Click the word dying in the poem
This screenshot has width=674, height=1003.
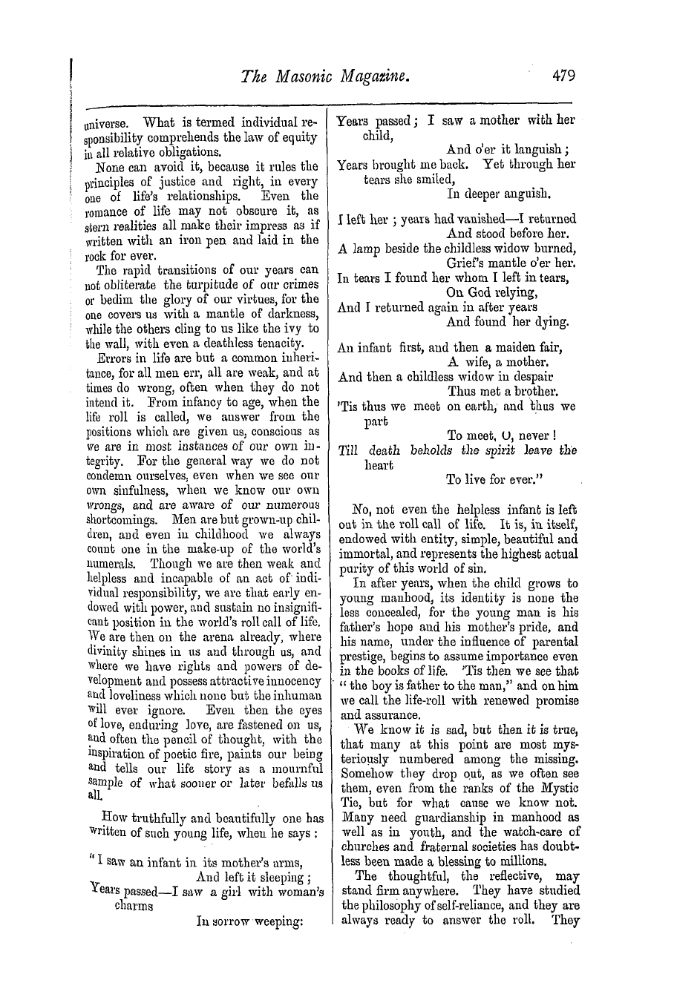[549, 321]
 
